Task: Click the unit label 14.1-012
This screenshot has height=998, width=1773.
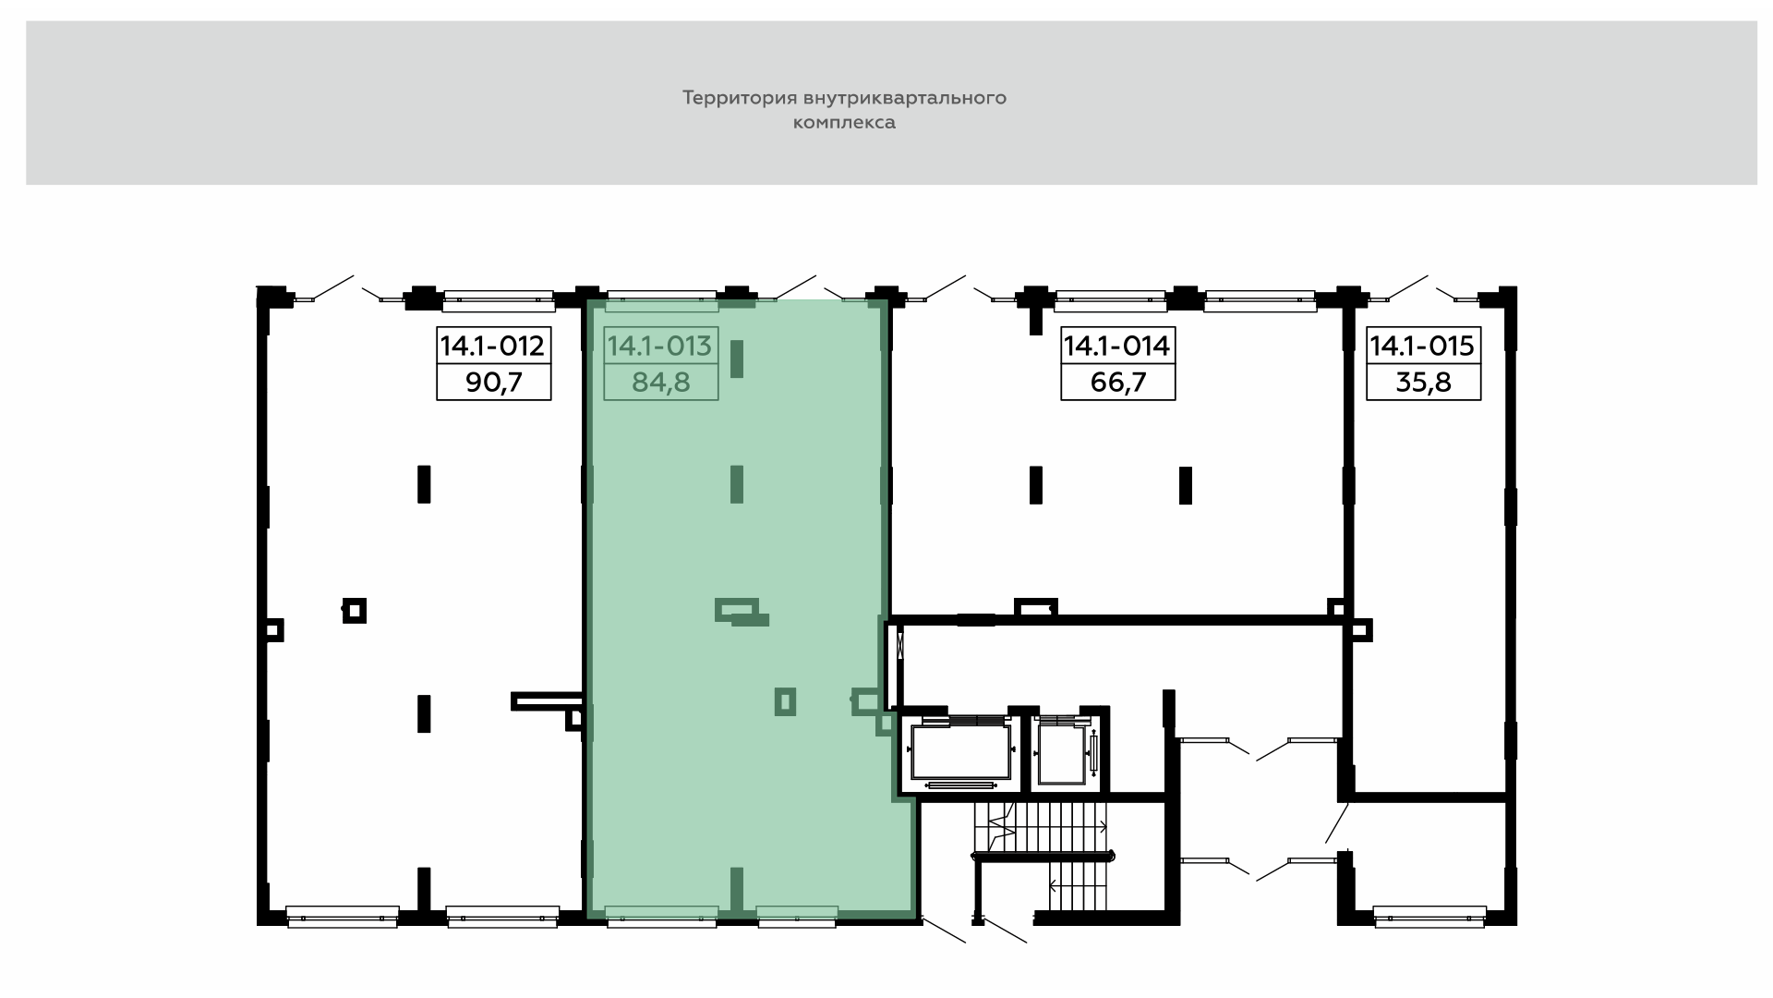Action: tap(494, 346)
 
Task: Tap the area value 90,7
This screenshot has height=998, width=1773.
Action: tap(494, 382)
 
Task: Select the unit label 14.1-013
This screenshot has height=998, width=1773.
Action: tap(660, 346)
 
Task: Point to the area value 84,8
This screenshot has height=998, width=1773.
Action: tap(660, 382)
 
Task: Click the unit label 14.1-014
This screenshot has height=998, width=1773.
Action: tap(1117, 346)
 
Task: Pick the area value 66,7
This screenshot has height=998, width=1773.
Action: tap(1117, 382)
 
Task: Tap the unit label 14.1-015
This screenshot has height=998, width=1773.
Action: tap(1423, 346)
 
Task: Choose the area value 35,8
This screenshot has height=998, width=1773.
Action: tap(1423, 382)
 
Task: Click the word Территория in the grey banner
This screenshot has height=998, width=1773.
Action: tap(739, 98)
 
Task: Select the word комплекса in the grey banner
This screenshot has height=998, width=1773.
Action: tap(844, 123)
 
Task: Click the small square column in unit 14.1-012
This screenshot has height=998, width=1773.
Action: tap(355, 611)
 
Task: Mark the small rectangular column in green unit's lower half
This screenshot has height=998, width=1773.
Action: tap(786, 702)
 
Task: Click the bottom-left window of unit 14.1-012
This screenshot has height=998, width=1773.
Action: tap(342, 916)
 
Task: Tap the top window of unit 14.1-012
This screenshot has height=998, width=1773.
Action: tap(499, 297)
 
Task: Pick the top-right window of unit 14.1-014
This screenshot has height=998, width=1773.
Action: tap(1260, 297)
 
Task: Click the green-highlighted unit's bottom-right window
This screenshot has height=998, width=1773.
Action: tap(797, 915)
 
